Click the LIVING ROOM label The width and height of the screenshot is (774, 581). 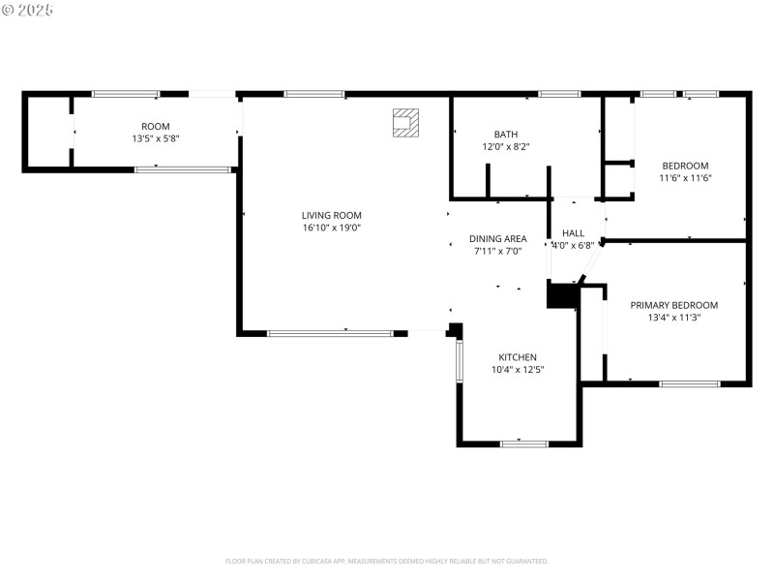coord(331,215)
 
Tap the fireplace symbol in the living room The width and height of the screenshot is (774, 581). coord(405,122)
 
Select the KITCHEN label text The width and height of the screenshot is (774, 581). coord(518,357)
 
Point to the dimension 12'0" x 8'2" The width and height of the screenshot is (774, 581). coord(506,147)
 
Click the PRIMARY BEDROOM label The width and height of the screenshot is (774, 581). coord(674,305)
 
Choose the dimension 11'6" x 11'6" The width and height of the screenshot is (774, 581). coord(685,178)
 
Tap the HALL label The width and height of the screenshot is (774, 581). coord(574,233)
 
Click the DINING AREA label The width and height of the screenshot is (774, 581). coord(498,239)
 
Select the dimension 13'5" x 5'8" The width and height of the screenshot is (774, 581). coord(156,138)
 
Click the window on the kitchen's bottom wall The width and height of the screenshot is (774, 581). coord(523,443)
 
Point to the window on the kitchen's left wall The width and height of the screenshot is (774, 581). coord(460,361)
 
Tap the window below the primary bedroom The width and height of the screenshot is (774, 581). coord(689,384)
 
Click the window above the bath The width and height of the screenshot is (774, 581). coord(559,94)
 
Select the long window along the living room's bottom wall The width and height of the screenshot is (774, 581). coord(330,333)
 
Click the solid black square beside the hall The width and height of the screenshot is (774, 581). coord(561,294)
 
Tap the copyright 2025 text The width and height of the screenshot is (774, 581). coord(28,10)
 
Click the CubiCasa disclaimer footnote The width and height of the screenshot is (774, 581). coord(387,561)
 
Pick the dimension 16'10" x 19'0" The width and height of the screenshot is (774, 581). coord(331,228)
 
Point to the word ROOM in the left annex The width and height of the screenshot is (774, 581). coord(156,127)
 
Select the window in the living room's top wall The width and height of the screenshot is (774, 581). coord(314,94)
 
